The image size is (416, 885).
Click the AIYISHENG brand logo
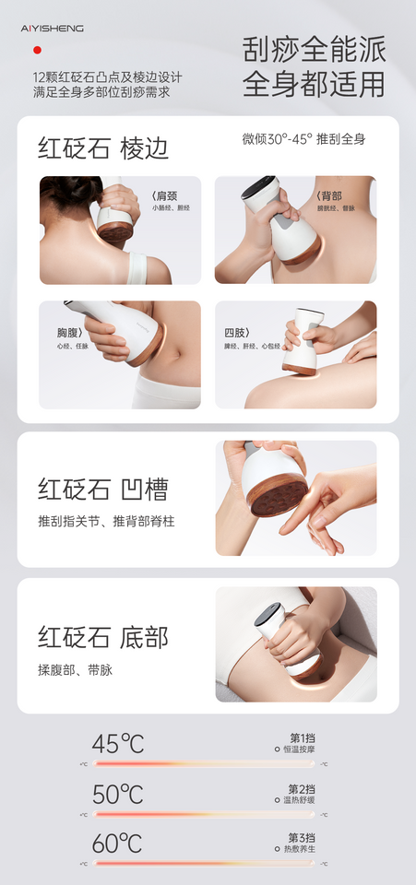[x=52, y=29]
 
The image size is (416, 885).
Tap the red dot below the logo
[x=37, y=50]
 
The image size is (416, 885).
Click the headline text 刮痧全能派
[x=314, y=50]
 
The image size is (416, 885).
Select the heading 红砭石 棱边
[x=103, y=148]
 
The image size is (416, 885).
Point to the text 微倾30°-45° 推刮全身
[x=303, y=139]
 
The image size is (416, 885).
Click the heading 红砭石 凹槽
[x=103, y=490]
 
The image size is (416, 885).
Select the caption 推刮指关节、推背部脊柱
[x=105, y=522]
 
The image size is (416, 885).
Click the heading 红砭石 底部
[x=103, y=637]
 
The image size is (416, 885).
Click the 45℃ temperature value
[x=118, y=744]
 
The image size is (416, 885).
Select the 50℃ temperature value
[x=118, y=794]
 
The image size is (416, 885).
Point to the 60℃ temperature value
[x=118, y=844]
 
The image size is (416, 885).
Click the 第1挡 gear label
[x=302, y=738]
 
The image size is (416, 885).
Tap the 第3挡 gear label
[x=302, y=838]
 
